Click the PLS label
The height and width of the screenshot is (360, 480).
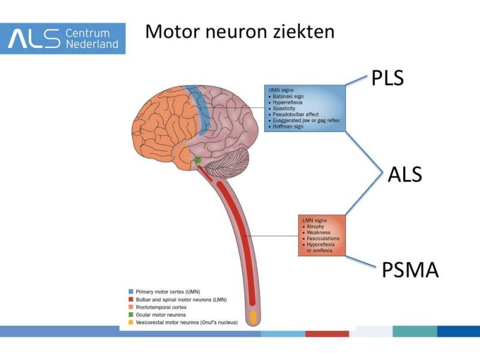coord(387,77)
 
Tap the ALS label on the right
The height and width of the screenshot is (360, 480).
coord(404,174)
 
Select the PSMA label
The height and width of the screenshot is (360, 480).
coord(410,269)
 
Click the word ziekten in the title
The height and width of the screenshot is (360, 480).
coord(302,31)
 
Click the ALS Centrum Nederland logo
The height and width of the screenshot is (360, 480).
coord(63,38)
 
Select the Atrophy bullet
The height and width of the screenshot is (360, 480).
coord(315,227)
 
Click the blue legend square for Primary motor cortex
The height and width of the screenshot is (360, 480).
coord(131,290)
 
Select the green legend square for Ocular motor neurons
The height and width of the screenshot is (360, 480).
coord(131,314)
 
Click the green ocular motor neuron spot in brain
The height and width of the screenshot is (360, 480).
coord(197,160)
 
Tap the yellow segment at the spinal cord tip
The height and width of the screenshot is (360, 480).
coord(253,316)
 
